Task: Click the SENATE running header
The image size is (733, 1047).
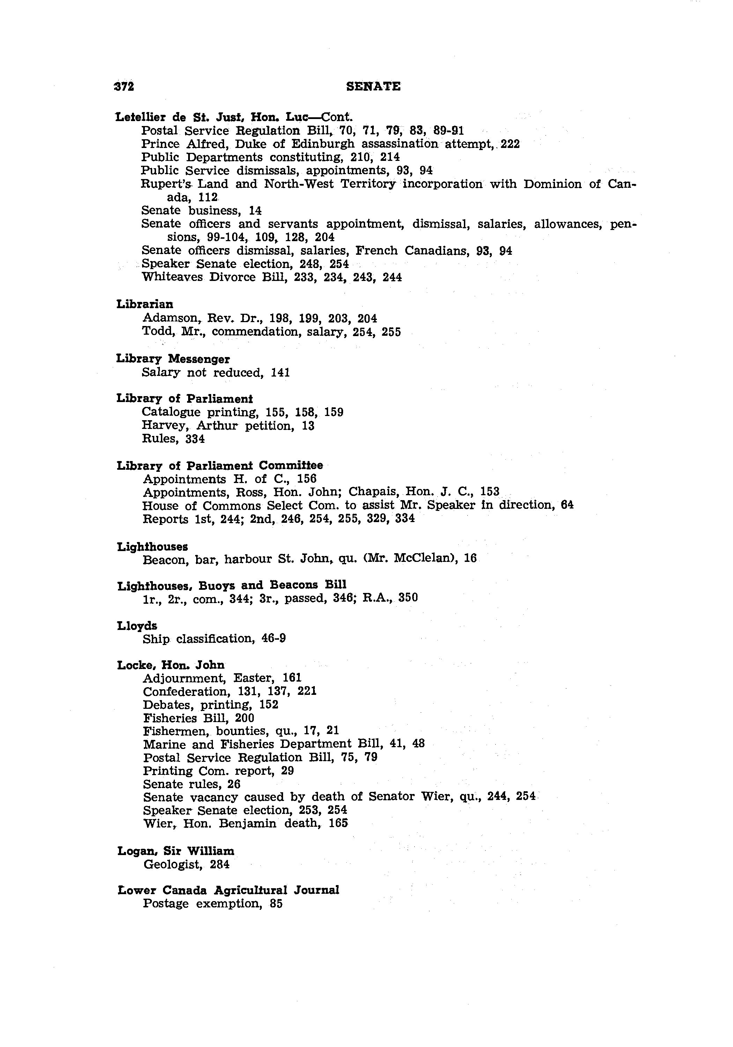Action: point(373,86)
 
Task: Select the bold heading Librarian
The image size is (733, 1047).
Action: point(145,304)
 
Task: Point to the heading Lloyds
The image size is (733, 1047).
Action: point(137,626)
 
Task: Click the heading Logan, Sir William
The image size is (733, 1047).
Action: point(176,851)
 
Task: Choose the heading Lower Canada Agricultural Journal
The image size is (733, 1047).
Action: point(228,890)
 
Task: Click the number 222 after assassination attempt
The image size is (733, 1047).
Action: point(510,144)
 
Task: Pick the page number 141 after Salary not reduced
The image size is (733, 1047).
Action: point(280,373)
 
